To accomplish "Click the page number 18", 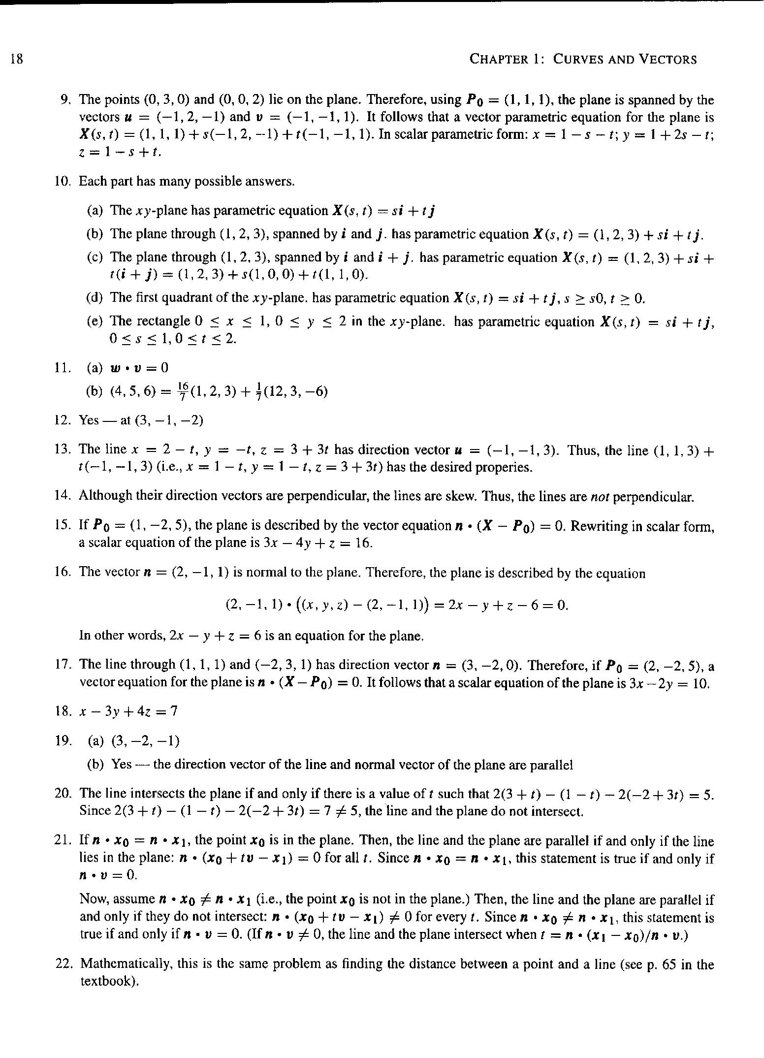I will click(16, 60).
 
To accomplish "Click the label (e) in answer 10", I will click(95, 321).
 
